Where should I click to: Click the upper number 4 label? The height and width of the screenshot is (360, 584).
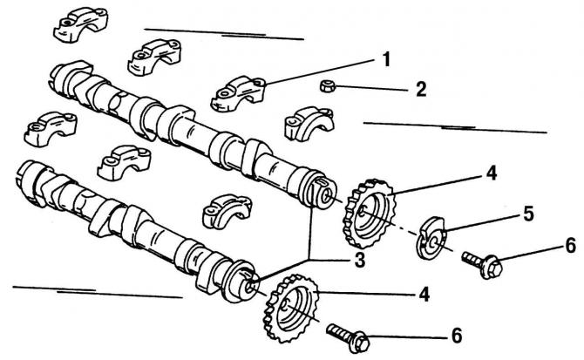click(x=492, y=173)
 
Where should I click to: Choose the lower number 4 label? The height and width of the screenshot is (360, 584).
click(x=424, y=294)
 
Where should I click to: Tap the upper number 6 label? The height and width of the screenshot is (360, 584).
click(x=569, y=246)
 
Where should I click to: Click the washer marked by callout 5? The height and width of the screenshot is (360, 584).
click(x=431, y=239)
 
